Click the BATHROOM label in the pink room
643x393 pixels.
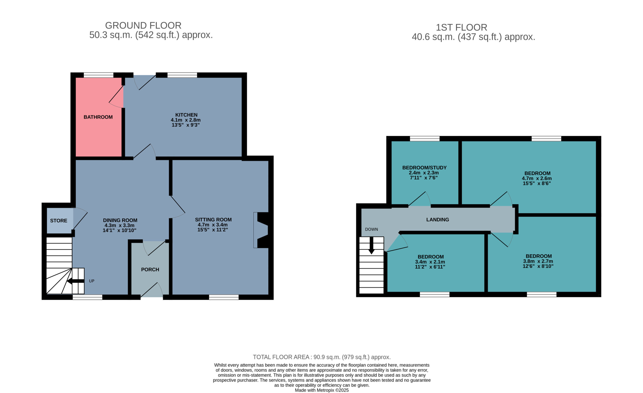click(98, 117)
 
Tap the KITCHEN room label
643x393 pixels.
click(186, 115)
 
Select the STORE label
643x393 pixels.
click(59, 221)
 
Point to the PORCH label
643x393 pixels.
click(150, 269)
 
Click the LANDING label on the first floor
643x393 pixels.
click(438, 220)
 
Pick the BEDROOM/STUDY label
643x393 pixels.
click(424, 168)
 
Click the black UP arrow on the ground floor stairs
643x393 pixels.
click(76, 281)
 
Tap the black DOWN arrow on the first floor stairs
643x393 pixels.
click(371, 245)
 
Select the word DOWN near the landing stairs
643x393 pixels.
click(371, 229)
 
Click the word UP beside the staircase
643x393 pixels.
click(92, 281)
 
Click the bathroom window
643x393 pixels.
click(99, 75)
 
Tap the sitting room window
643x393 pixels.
click(224, 297)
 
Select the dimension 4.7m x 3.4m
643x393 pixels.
click(212, 225)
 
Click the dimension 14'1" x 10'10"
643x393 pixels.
click(120, 231)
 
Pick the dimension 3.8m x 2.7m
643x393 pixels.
click(538, 261)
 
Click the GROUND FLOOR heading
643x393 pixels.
click(143, 26)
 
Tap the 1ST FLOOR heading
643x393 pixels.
click(462, 27)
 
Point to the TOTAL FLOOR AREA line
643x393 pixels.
click(322, 357)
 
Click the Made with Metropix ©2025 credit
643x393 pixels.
click(322, 390)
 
